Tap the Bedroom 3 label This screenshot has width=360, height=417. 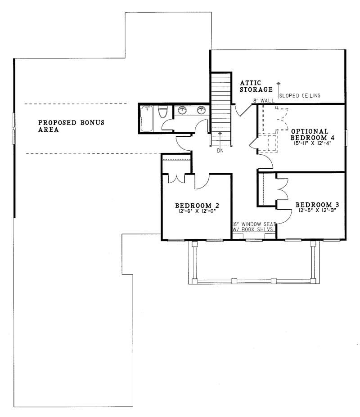click(x=317, y=204)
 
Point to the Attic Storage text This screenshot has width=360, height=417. click(x=256, y=86)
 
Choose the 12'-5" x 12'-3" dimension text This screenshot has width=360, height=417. click(x=317, y=210)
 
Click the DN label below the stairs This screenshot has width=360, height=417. click(x=220, y=151)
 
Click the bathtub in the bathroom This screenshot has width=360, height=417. click(x=147, y=119)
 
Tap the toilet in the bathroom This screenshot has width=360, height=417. click(x=163, y=112)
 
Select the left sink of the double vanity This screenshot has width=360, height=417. click(x=183, y=110)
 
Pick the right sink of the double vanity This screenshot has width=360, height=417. click(x=202, y=110)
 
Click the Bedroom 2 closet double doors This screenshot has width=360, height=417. click(x=177, y=178)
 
